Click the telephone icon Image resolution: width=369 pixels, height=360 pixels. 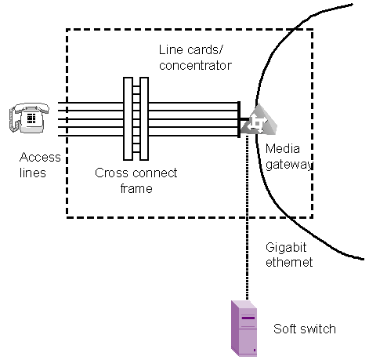coord(29,118)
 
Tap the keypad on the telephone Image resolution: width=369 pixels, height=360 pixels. coord(31,118)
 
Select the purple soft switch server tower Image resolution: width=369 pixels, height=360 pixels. coord(244,329)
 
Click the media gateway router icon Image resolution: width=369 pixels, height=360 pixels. coord(259,120)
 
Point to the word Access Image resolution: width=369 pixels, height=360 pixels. coord(40,157)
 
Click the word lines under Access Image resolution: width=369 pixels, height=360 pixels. coord(33,173)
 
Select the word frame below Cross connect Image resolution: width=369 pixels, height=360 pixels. coord(136,188)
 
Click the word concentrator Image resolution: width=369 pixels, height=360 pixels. coord(195,65)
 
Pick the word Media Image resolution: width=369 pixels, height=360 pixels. coord(283,149)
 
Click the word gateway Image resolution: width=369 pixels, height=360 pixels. coord(289,165)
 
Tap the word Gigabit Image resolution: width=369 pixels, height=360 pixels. coord(286,247)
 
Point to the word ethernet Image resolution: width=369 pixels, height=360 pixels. coord(289,262)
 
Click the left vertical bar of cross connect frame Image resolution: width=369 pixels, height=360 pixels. coord(128,118)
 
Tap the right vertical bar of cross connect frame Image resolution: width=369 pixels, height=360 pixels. coord(144,118)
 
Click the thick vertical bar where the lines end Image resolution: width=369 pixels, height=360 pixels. coord(239,119)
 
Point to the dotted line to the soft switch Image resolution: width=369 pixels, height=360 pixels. coord(247,217)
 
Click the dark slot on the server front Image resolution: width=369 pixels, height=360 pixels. coord(248,318)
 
